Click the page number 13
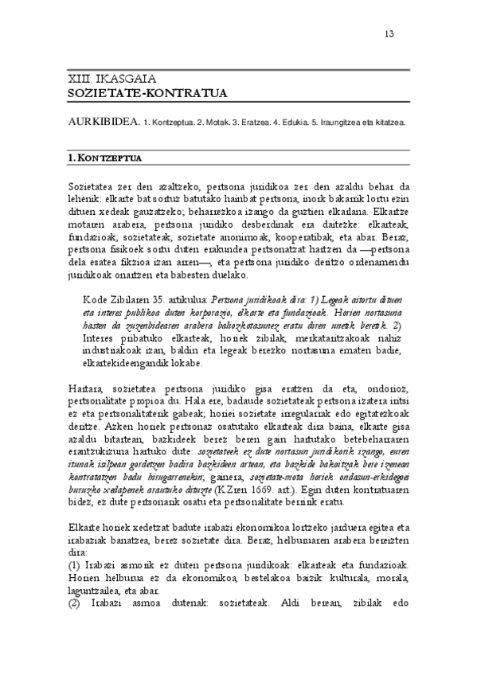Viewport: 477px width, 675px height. click(389, 33)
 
